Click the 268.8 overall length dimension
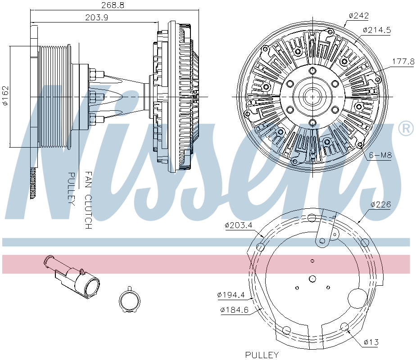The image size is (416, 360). (x=113, y=5)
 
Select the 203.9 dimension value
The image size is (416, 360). (x=96, y=18)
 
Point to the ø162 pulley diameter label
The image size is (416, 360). (x=5, y=95)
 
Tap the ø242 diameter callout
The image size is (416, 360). (x=359, y=16)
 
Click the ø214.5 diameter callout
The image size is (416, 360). (x=377, y=30)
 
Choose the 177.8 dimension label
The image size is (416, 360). (x=403, y=62)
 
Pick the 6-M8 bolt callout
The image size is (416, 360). (x=380, y=155)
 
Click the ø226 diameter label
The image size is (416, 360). (x=381, y=204)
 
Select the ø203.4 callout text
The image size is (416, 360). (x=239, y=225)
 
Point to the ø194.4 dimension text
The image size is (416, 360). (x=231, y=295)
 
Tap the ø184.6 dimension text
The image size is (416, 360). (x=234, y=310)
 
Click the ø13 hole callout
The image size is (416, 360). (x=371, y=342)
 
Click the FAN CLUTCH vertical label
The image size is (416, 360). (x=88, y=200)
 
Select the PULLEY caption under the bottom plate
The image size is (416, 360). (x=262, y=355)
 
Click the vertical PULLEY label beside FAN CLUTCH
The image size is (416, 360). (x=72, y=189)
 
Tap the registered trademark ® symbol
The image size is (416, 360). (x=406, y=129)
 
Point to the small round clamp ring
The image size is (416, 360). (x=130, y=300)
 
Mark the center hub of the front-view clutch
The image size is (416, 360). (x=312, y=97)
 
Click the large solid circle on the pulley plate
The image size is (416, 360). (x=357, y=298)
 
